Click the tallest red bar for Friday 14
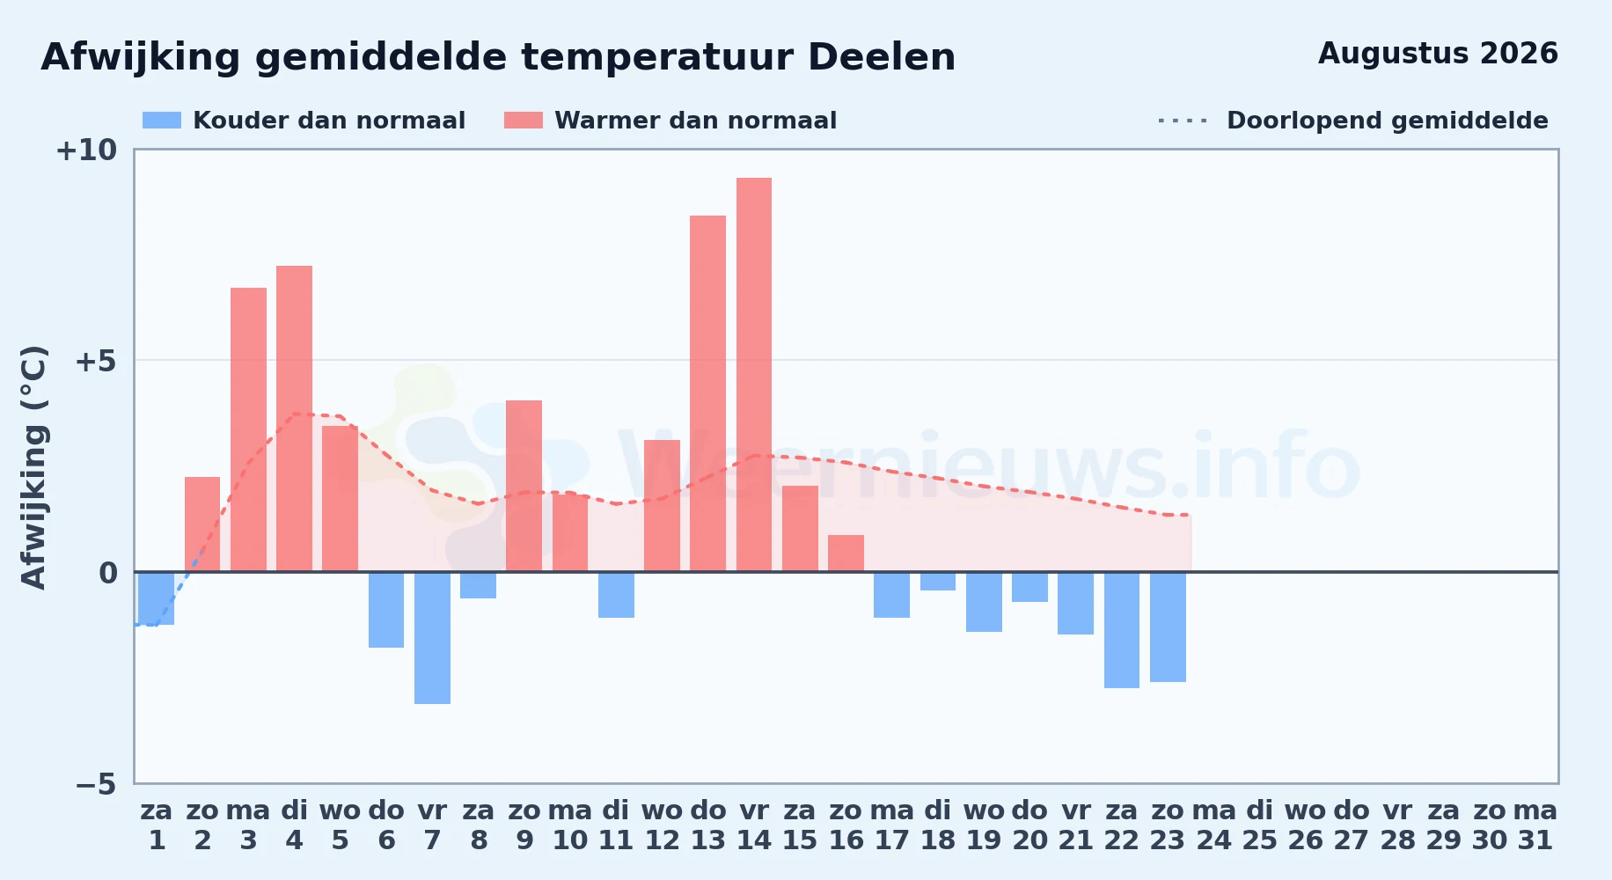[754, 375]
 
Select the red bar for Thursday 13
[707, 393]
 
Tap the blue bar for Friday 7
[432, 638]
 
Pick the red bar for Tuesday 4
[294, 419]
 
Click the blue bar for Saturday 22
[1122, 630]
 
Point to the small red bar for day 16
[846, 554]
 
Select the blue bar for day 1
[157, 598]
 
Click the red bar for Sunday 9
[524, 486]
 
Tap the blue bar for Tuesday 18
[938, 581]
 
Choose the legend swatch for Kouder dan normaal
[162, 121]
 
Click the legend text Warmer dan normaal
[695, 121]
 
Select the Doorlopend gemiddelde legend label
[1388, 121]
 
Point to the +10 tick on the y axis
[86, 150]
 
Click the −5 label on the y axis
[96, 784]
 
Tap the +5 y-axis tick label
[96, 362]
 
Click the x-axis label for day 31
[1535, 825]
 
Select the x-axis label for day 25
[1260, 825]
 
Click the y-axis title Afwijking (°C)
[34, 467]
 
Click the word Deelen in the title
[882, 57]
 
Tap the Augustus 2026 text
[1438, 54]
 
